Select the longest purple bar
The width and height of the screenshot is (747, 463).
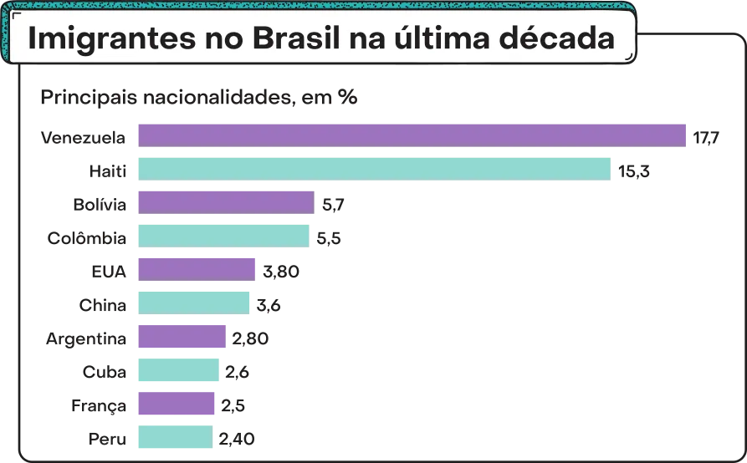point(411,135)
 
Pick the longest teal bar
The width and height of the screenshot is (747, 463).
point(375,169)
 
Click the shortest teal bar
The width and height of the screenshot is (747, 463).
point(174,437)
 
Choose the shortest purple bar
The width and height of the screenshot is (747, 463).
point(176,405)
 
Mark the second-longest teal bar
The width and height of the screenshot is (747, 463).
point(223,235)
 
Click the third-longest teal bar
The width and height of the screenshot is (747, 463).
point(194,302)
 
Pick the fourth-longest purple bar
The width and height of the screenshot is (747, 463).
point(181,338)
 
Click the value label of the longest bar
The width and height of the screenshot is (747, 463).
point(707,136)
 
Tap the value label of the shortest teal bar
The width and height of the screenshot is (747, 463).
point(238,437)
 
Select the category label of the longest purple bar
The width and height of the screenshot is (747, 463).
point(84,136)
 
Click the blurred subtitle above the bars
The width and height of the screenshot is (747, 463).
point(201,98)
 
